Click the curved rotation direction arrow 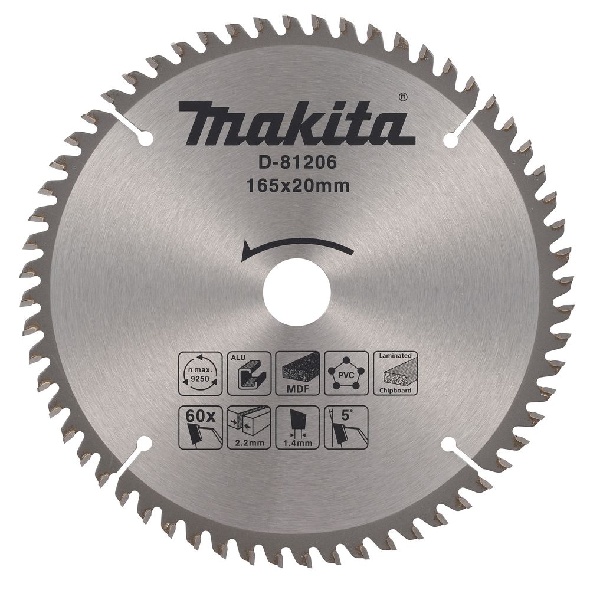click(x=297, y=247)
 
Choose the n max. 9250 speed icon click(x=198, y=373)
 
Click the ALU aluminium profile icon click(x=248, y=373)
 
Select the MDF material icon click(x=297, y=373)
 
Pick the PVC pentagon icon click(x=346, y=373)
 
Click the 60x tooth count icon click(x=198, y=428)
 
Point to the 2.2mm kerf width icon click(x=248, y=428)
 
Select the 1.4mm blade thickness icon click(x=297, y=428)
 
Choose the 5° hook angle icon click(x=346, y=428)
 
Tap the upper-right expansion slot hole click(x=450, y=141)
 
